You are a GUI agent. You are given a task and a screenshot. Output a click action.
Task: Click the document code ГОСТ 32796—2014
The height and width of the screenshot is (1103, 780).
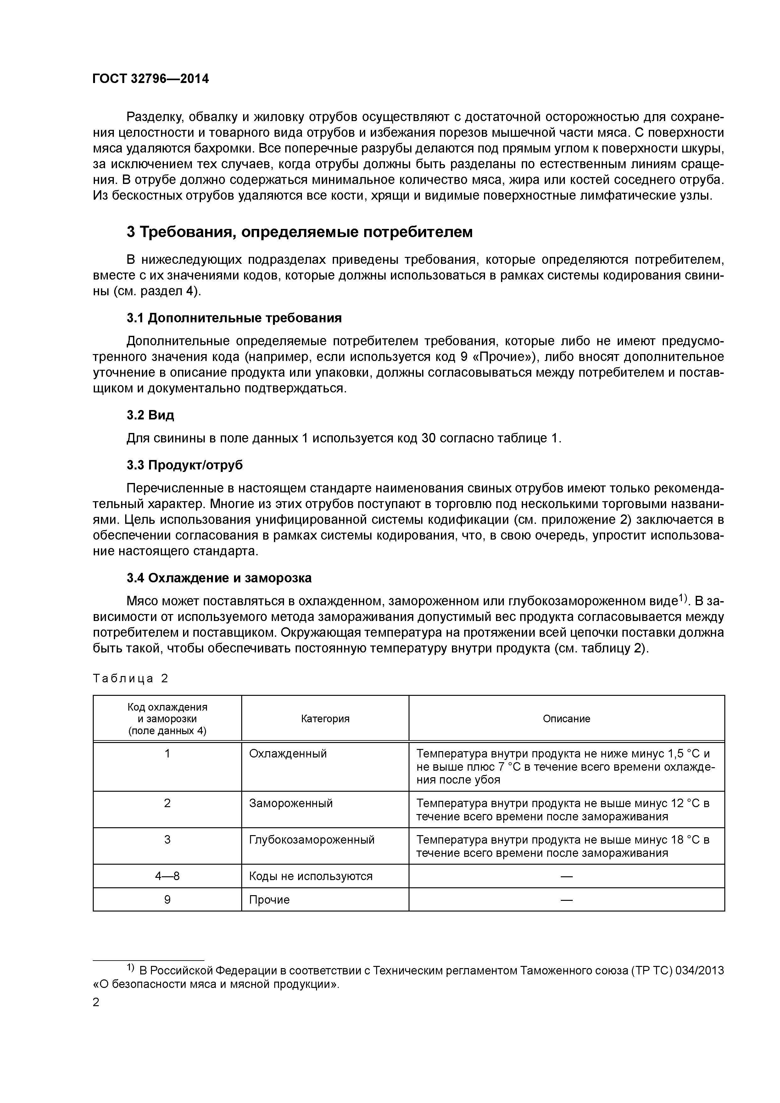pyautogui.click(x=150, y=79)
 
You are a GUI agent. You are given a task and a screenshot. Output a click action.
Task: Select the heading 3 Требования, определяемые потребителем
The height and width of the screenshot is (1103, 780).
pyautogui.click(x=299, y=232)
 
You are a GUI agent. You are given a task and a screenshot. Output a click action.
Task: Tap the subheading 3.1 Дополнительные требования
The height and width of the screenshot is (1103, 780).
pyautogui.click(x=234, y=318)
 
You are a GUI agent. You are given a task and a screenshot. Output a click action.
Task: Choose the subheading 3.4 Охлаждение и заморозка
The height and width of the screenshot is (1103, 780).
pyautogui.click(x=219, y=578)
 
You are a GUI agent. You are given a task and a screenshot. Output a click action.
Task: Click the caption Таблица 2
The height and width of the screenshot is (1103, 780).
pyautogui.click(x=130, y=678)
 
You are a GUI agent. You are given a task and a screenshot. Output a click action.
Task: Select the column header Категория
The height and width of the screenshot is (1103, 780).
pyautogui.click(x=325, y=719)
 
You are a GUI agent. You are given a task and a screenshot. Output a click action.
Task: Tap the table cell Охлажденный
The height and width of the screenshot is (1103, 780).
pyautogui.click(x=288, y=754)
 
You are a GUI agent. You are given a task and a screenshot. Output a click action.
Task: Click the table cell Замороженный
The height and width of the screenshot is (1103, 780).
pyautogui.click(x=291, y=803)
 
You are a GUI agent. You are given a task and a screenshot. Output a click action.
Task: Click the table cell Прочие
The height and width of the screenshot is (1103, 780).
pyautogui.click(x=269, y=900)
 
